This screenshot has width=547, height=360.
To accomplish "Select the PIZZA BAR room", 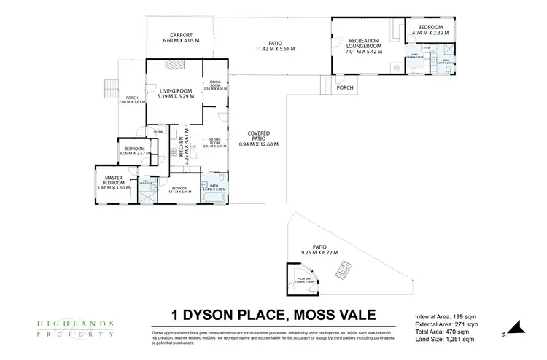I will [x=301, y=282].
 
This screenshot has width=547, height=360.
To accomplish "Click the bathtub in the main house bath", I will [x=221, y=179].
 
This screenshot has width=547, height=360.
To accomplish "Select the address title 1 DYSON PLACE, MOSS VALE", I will [x=273, y=316].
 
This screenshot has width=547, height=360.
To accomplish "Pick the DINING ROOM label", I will [x=215, y=85].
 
